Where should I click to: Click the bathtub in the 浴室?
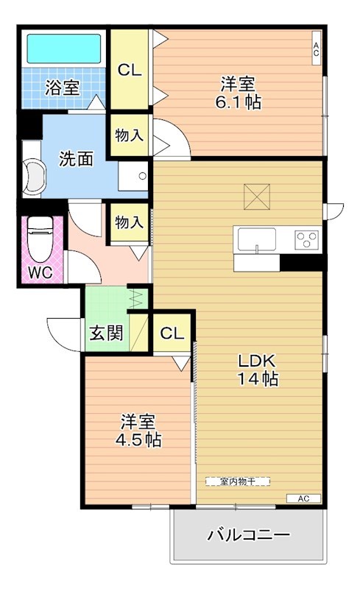[63, 49]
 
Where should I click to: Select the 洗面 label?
[76, 158]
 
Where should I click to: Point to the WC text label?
[40, 272]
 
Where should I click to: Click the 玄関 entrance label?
[106, 331]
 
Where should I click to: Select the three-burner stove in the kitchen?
[307, 239]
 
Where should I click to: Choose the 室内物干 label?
[237, 481]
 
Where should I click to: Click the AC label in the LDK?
[304, 498]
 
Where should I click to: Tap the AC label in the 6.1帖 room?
[316, 49]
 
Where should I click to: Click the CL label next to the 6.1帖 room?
[130, 70]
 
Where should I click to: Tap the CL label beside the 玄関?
[172, 333]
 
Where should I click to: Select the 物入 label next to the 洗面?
[130, 136]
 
